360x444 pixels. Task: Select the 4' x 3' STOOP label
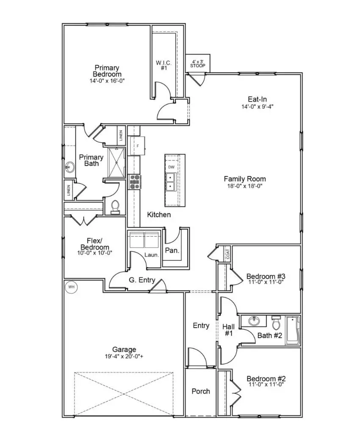[x=197, y=63]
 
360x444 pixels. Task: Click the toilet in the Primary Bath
[x=115, y=207]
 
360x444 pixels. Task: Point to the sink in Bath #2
[x=255, y=321]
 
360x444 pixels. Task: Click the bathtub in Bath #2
[x=293, y=330]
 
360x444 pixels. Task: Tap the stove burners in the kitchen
[x=135, y=182]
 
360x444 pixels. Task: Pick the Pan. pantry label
[x=172, y=251]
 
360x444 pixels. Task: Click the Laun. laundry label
[x=152, y=255]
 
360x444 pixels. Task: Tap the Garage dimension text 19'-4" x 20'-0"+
[x=124, y=356]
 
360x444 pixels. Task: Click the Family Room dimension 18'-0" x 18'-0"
[x=245, y=186]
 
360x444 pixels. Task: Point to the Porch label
[x=201, y=391]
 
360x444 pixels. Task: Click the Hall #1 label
[x=229, y=330]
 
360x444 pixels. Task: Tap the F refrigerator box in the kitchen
[x=137, y=146]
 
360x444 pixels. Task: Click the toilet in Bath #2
[x=276, y=323]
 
